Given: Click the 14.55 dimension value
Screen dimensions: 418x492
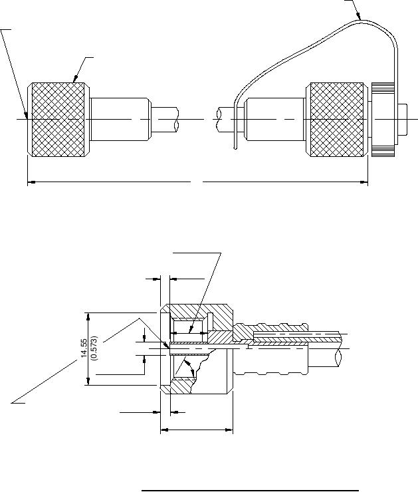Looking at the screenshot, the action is pos(84,348).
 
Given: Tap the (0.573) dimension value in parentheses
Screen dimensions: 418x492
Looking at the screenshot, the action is pos(94,348).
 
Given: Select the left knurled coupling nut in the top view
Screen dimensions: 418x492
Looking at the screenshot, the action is pos(58,119).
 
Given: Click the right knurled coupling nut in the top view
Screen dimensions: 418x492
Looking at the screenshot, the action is pos(337,119).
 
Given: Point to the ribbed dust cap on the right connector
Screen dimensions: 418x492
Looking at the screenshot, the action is pos(383,120).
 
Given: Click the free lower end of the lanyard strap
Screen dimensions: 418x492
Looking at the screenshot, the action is pos(235,147).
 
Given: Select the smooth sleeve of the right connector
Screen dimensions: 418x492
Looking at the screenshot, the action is pos(274,119).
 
